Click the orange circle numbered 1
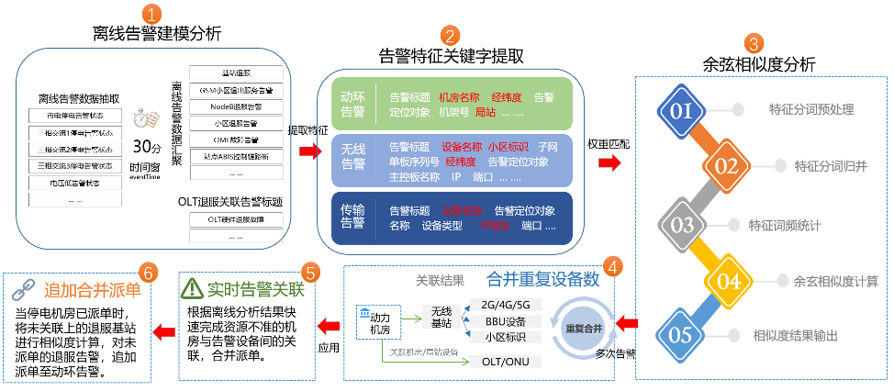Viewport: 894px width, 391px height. click(155, 14)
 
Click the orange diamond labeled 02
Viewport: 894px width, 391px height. click(727, 166)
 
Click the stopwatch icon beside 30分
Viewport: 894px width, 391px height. click(143, 120)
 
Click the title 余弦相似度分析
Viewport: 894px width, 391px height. click(758, 64)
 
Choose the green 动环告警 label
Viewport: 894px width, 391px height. click(353, 104)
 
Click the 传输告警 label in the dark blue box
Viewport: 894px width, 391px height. click(353, 218)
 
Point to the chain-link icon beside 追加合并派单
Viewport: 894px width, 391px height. click(22, 291)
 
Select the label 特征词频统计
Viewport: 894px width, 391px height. click(785, 225)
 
